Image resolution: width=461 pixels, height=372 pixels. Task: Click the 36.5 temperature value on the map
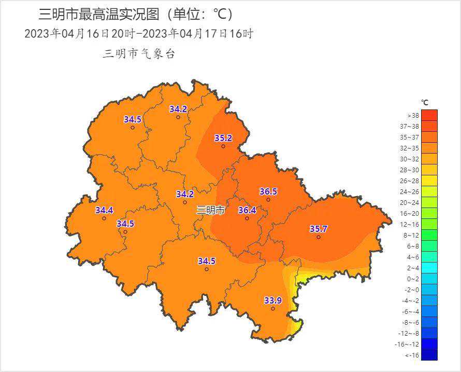[268, 191]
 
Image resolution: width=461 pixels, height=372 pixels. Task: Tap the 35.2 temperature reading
[223, 138]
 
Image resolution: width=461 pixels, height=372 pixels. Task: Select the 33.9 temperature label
[273, 300]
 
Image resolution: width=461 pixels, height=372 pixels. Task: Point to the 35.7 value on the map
[319, 229]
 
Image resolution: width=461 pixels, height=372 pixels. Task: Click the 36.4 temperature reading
[247, 210]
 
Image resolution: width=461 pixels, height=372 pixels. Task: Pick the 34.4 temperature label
[104, 210]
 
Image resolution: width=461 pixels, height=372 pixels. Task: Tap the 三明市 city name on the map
[210, 210]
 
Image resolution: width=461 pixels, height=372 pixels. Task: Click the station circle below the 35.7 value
[319, 237]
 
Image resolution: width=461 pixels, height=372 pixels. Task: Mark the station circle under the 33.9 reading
[273, 309]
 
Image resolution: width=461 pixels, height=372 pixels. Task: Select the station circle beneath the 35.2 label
[223, 146]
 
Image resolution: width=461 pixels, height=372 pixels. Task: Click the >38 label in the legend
[413, 116]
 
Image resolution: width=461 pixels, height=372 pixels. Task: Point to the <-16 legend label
[412, 355]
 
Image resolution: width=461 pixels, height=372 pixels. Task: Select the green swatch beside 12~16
[429, 225]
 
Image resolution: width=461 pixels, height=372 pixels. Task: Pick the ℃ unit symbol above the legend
[425, 103]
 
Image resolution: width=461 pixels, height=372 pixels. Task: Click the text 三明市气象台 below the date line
[139, 53]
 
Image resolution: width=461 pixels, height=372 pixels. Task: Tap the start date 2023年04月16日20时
[79, 34]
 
